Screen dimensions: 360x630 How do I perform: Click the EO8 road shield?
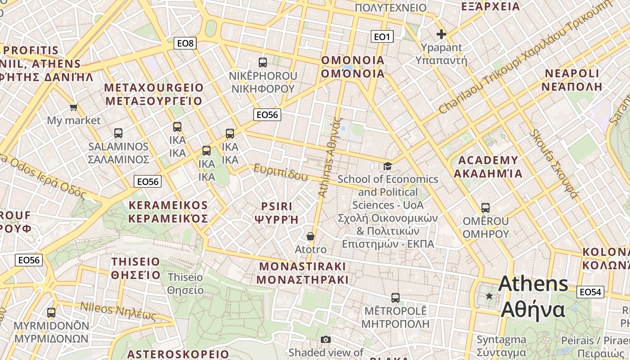[185, 43]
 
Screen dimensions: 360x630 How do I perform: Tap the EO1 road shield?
[382, 36]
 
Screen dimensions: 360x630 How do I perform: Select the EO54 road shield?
[590, 292]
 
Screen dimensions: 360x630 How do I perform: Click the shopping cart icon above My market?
[73, 107]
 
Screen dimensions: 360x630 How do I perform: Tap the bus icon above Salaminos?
[118, 133]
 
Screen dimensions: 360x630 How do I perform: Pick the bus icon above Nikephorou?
[263, 63]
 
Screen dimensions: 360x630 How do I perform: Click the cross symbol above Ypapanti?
[441, 34]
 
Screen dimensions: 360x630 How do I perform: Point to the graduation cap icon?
[387, 166]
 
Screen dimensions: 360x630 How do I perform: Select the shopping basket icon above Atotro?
[310, 236]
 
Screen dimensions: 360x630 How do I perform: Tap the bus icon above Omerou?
[485, 208]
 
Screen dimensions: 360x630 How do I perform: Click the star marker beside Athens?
[489, 296]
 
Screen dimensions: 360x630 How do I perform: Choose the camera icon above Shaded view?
[326, 339]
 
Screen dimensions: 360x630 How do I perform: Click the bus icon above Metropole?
[395, 297]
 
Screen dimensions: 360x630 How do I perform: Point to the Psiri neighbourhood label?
[277, 213]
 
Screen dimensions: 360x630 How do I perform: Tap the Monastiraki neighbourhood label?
[302, 273]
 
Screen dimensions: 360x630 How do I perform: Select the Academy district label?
[488, 167]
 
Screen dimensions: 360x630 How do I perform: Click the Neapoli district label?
[571, 80]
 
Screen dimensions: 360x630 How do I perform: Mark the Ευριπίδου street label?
[281, 172]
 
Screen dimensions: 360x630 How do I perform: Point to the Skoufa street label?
[554, 164]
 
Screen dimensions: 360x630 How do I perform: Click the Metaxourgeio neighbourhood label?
[154, 94]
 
